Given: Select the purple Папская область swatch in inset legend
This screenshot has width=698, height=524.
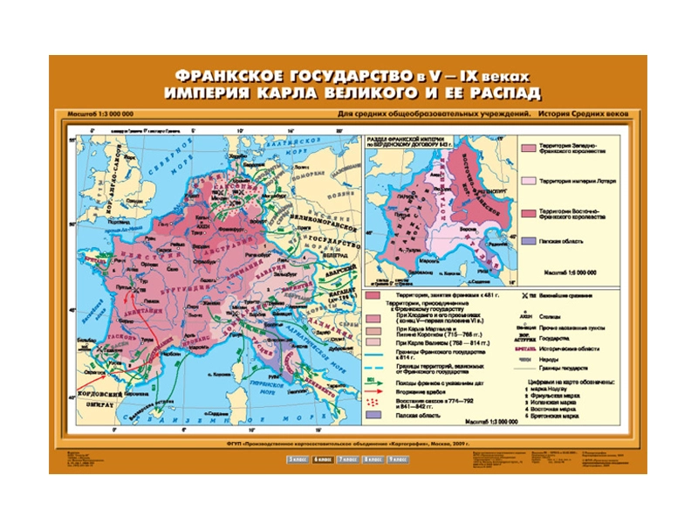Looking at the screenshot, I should (x=530, y=240).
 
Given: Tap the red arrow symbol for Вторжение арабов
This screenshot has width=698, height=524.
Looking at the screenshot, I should (x=380, y=392).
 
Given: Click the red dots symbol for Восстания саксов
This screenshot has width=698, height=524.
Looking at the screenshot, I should (x=380, y=403).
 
